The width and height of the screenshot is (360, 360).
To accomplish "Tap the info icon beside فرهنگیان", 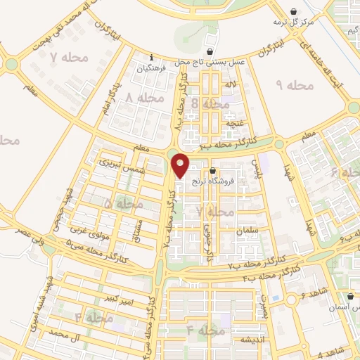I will pyautogui.click(x=150, y=58).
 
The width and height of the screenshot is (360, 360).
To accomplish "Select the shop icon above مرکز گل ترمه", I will pyautogui.click(x=292, y=11).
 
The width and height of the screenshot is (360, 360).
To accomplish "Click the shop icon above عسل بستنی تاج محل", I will pyautogui.click(x=209, y=51).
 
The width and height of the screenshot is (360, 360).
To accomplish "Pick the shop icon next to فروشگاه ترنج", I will pyautogui.click(x=212, y=170).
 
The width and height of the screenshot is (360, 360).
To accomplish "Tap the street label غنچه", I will pyautogui.click(x=233, y=123).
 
